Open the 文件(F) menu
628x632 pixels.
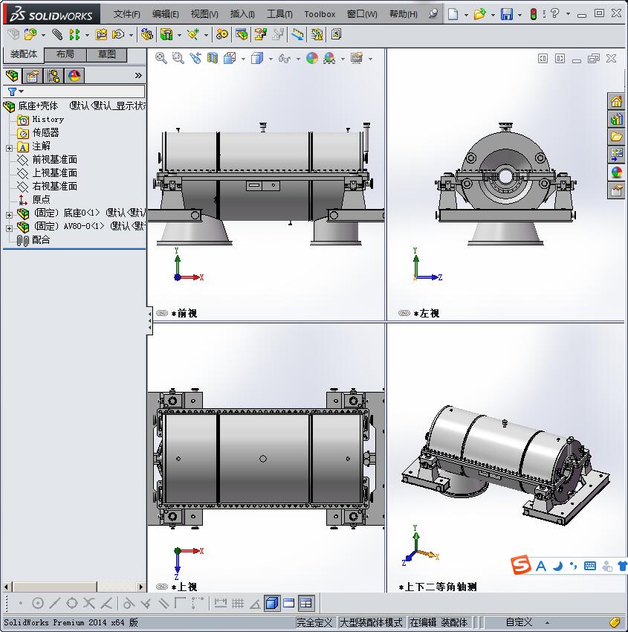(x=126, y=14)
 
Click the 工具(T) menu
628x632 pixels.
(x=279, y=14)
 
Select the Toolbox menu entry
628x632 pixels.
(x=320, y=14)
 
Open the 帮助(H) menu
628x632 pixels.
(x=404, y=14)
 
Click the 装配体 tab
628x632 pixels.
(x=24, y=54)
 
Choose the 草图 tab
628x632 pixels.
(x=107, y=54)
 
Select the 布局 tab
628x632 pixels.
(x=65, y=54)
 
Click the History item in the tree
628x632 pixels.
(x=48, y=119)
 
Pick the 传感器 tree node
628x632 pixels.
(x=45, y=132)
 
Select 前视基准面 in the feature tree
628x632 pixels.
(x=54, y=159)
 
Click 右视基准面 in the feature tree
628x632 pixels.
(x=54, y=186)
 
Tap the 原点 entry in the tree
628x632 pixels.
(x=41, y=199)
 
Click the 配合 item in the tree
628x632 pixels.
(x=41, y=240)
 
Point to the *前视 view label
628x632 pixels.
(x=187, y=314)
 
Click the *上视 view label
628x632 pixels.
(x=187, y=587)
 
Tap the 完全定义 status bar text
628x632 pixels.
(x=314, y=622)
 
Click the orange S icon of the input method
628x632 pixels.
(x=522, y=566)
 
